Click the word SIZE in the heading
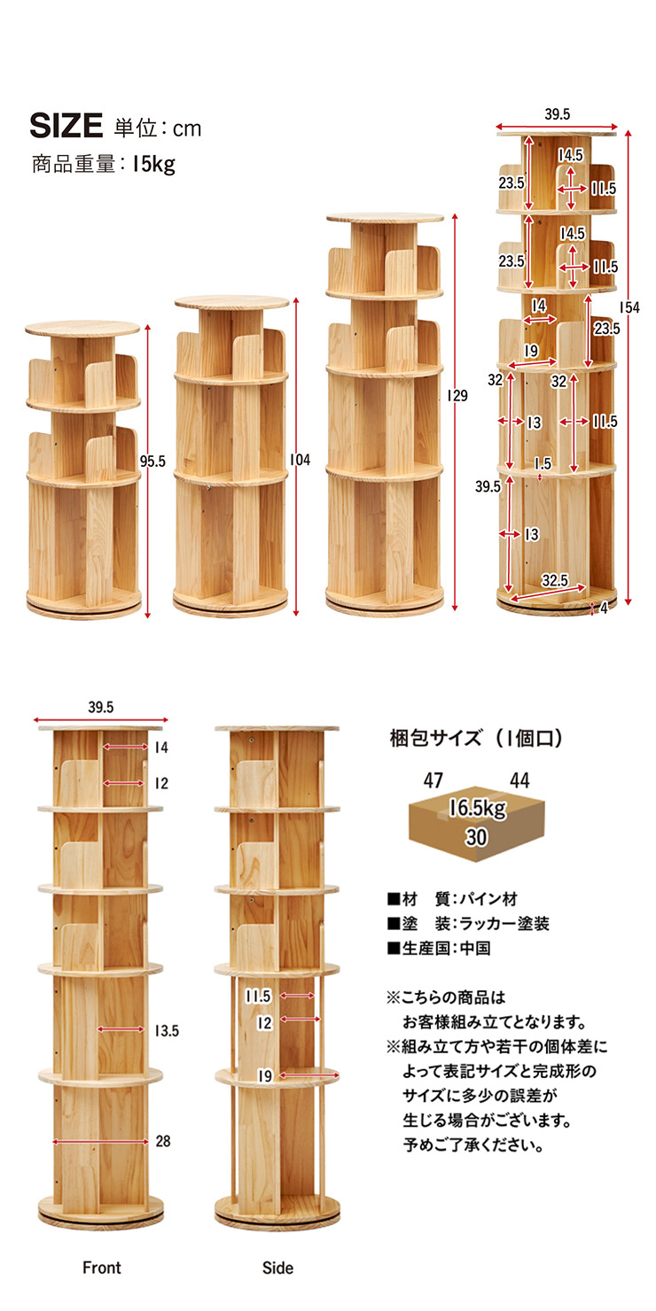tap(66, 126)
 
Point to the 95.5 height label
tap(152, 462)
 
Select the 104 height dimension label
tap(300, 460)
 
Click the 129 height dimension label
tap(457, 396)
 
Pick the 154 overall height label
tap(629, 308)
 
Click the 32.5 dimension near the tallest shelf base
tap(554, 580)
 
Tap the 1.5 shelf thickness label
tap(543, 463)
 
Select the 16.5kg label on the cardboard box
tap(477, 808)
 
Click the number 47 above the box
tap(433, 780)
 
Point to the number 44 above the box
tap(519, 780)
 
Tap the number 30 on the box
tap(476, 837)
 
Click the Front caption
tap(102, 1268)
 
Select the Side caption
tap(277, 1268)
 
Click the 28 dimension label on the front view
tap(163, 1141)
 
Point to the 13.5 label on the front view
tap(167, 1031)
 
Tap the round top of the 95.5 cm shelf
tap(82, 329)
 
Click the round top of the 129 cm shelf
tap(386, 218)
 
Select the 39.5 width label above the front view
tap(101, 707)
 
